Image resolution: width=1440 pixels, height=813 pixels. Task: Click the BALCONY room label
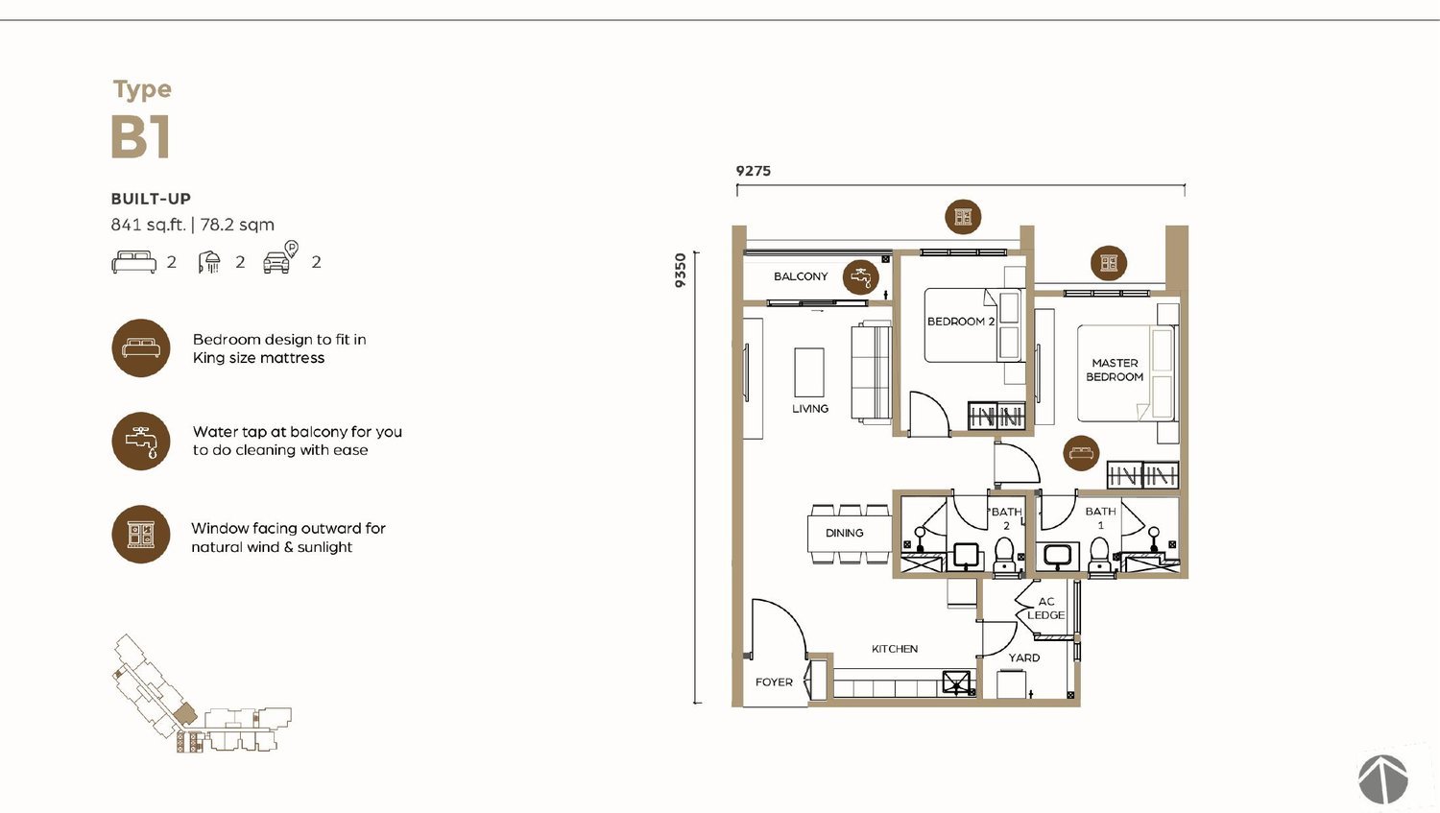point(801,276)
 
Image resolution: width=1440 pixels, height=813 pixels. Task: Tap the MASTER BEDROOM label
point(1115,370)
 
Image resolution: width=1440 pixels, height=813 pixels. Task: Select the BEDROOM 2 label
point(960,322)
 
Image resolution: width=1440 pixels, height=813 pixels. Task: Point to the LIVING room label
point(810,408)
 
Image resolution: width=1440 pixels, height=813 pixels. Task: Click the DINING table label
point(844,533)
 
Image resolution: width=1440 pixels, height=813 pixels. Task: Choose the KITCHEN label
point(894,649)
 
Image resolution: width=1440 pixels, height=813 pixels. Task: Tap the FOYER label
point(774,681)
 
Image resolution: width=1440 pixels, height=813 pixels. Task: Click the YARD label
point(1024,658)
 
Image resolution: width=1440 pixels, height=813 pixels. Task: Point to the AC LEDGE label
point(1046,608)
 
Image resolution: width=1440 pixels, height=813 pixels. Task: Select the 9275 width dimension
point(754,171)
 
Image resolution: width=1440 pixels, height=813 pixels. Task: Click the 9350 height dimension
point(680,270)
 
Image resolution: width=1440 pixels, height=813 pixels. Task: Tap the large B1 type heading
point(141,136)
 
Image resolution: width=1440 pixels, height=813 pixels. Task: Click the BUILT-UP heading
point(151,199)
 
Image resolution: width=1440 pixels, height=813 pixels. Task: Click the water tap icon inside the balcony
point(861,277)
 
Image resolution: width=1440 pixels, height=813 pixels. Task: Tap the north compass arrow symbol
point(1382,779)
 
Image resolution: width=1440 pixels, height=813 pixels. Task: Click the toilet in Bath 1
point(1099,556)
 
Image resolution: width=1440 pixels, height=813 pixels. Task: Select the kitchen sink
point(956,682)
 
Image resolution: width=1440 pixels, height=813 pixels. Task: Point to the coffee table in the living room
point(808,372)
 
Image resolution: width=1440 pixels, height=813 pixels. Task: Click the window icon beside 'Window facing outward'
point(141,534)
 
